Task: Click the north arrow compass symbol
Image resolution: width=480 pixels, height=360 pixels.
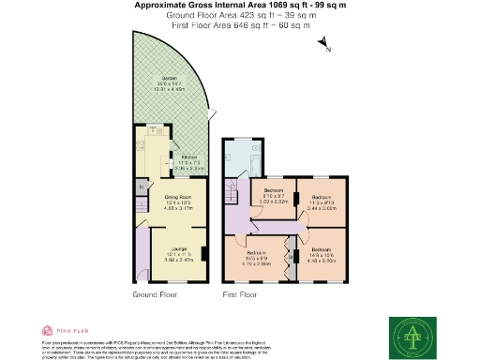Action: (x=322, y=44)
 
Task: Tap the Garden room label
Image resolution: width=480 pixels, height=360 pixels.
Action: (x=170, y=82)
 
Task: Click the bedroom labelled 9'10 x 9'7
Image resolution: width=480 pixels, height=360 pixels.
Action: (x=274, y=196)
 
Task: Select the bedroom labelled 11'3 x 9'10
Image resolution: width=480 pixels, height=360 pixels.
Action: (x=322, y=200)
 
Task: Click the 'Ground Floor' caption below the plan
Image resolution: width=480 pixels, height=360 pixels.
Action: (x=154, y=294)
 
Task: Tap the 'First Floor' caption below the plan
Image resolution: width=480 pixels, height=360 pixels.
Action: (x=240, y=294)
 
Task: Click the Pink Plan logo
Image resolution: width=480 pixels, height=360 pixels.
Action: (x=62, y=330)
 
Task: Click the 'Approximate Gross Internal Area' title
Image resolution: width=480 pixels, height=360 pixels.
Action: (x=240, y=6)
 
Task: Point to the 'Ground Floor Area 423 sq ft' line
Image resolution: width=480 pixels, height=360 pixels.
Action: (x=240, y=16)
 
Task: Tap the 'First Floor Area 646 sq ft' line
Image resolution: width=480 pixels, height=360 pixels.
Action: (x=240, y=25)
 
